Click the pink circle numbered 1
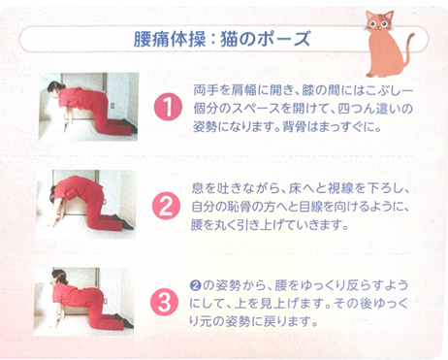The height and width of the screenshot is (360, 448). tap(168, 107)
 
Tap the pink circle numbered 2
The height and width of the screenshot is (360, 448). tap(166, 206)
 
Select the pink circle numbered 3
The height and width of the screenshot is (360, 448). tap(165, 302)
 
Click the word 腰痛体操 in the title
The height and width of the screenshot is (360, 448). tap(170, 39)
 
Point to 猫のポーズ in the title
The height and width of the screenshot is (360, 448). tap(266, 39)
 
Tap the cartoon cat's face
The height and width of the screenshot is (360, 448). tap(380, 23)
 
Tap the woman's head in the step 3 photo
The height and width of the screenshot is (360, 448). tap(59, 278)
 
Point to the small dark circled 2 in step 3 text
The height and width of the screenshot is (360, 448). tap(195, 285)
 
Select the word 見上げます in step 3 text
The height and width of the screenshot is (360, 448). tap(284, 304)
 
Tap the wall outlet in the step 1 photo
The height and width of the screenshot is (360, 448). tap(112, 106)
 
